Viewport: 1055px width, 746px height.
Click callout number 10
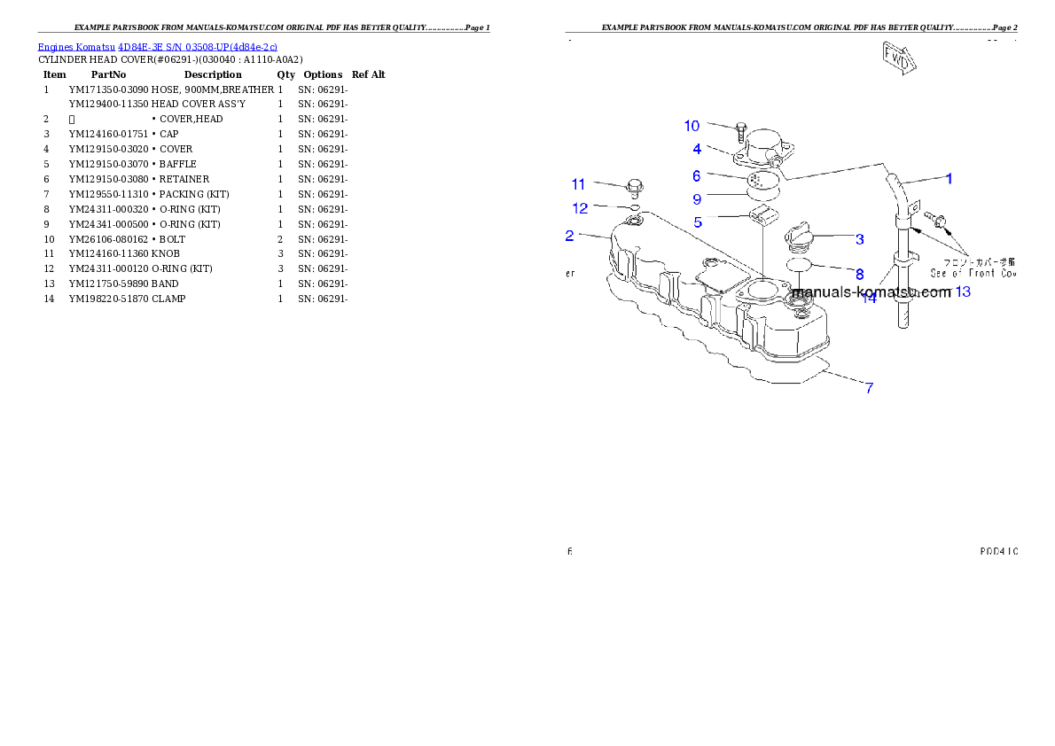point(692,126)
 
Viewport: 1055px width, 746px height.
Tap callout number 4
point(698,149)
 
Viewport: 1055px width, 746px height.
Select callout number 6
point(697,176)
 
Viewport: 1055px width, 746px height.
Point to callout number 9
point(697,198)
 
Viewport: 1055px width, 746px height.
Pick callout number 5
point(699,222)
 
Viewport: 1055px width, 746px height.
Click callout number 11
point(578,184)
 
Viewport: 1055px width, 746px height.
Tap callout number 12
point(580,208)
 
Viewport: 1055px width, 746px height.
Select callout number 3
point(859,238)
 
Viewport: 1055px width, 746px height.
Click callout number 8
point(859,275)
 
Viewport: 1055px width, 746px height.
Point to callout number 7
point(869,387)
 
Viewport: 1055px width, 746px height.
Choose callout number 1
point(948,178)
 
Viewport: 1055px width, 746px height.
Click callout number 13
point(962,291)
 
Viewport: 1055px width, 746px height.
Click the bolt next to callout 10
point(740,134)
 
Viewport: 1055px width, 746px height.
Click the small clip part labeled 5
point(762,215)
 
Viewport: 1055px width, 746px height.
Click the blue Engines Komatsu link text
point(157,46)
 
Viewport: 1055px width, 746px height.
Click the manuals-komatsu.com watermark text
point(871,291)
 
